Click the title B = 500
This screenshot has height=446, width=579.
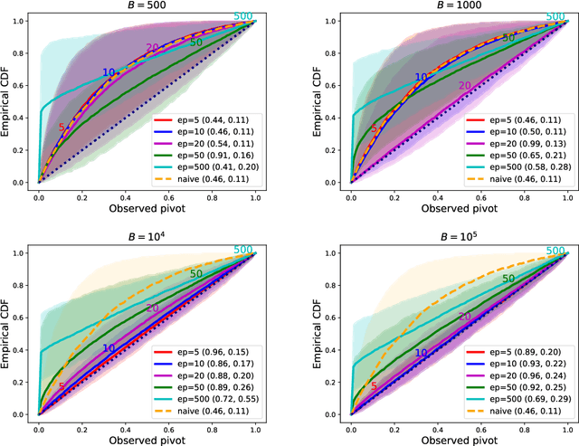point(147,6)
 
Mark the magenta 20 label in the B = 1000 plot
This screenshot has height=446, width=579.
point(464,87)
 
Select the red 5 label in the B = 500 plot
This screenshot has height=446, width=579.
point(62,128)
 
